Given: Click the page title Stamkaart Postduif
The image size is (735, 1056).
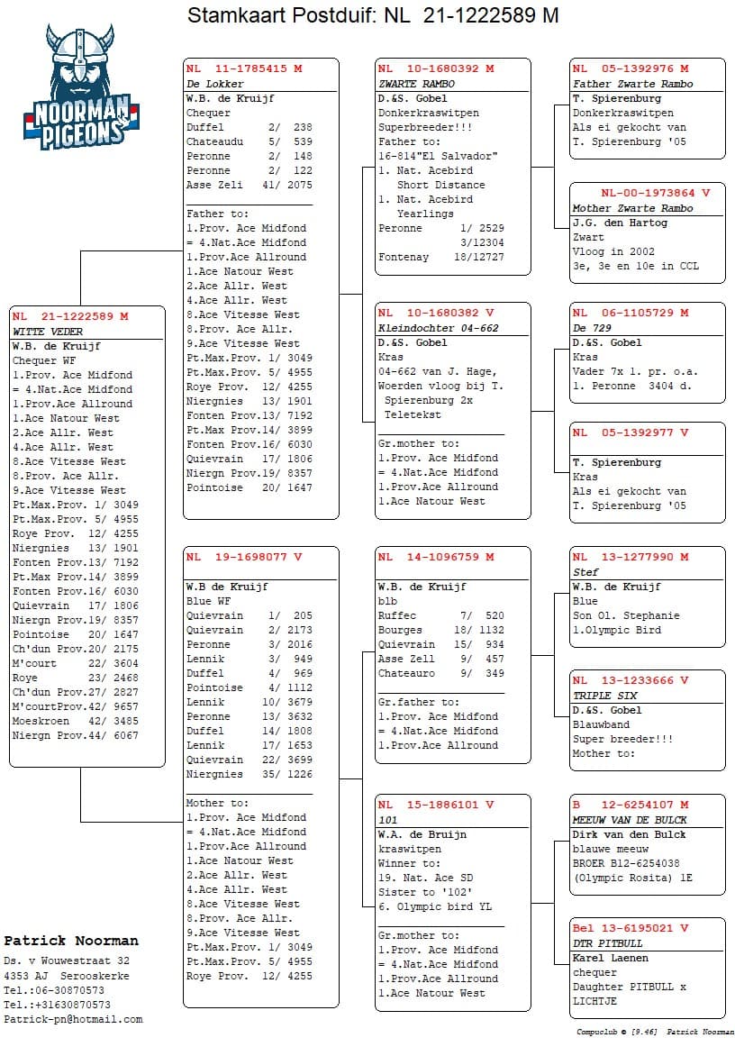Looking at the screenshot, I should [x=372, y=15].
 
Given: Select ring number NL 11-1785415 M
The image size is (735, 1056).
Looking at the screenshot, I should [x=244, y=68].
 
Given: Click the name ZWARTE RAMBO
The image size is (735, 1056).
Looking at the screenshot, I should [x=416, y=84].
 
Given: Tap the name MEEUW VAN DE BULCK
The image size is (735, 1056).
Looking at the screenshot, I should [x=630, y=820].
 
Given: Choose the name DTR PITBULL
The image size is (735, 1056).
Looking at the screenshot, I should [x=608, y=943].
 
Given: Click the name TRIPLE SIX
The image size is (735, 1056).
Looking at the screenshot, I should [x=604, y=696].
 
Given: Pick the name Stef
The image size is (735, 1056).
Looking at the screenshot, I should [x=585, y=572].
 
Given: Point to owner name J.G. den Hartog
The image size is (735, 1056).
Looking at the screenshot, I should [x=620, y=223].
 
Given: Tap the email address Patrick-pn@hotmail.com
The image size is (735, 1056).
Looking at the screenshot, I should [x=73, y=1019].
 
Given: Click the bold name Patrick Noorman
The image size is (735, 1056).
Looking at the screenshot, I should [x=71, y=941].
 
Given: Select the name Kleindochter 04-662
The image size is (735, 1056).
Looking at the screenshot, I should [x=438, y=328].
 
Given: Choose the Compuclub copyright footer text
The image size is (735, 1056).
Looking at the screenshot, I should [x=655, y=1033].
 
